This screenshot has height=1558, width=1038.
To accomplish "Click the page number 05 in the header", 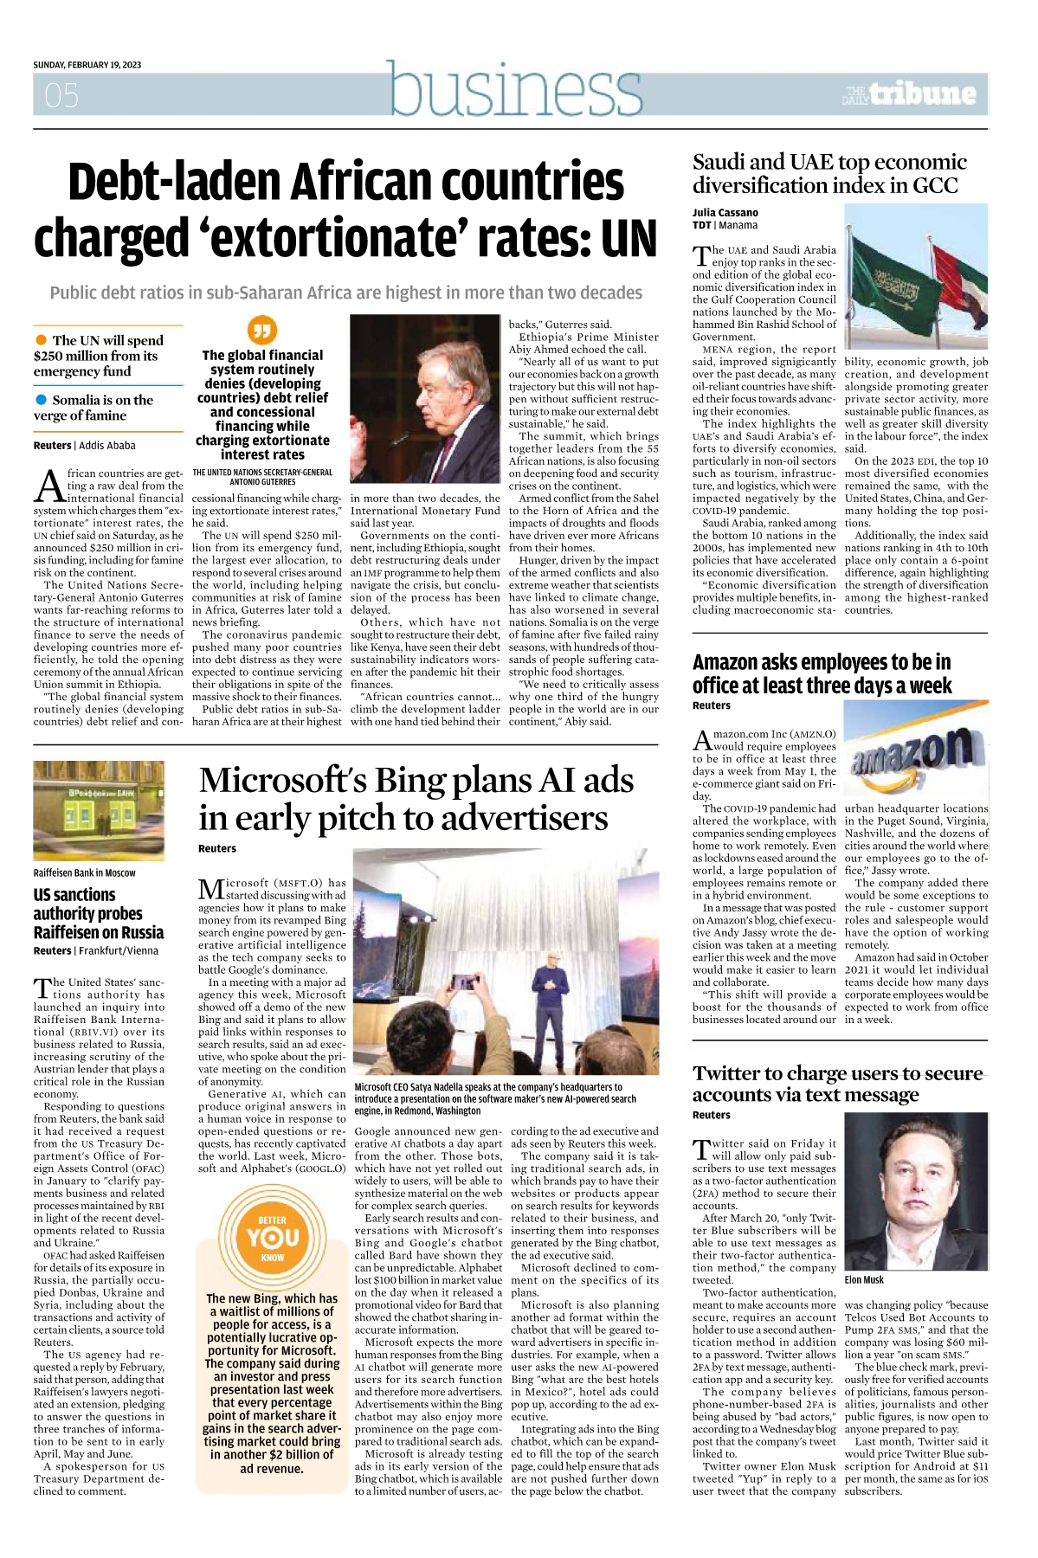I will click(61, 95).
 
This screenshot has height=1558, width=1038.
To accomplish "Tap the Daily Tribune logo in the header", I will click(909, 93).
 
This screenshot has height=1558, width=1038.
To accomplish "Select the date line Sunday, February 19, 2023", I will click(87, 65).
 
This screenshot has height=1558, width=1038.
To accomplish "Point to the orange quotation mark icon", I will click(261, 330).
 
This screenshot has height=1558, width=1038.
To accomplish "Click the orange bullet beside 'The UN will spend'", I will click(41, 340).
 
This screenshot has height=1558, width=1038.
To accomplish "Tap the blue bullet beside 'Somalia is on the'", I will click(41, 400).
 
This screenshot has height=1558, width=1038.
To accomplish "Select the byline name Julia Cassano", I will click(725, 213).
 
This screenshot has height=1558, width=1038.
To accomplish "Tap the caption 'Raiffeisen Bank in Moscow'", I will click(84, 873).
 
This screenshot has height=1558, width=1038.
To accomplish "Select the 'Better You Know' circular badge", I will click(273, 1239).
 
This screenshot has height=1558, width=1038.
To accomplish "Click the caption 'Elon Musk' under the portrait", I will click(864, 1280).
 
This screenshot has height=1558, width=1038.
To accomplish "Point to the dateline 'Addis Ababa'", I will click(107, 446).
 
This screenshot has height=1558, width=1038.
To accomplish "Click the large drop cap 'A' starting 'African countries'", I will click(50, 486).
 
